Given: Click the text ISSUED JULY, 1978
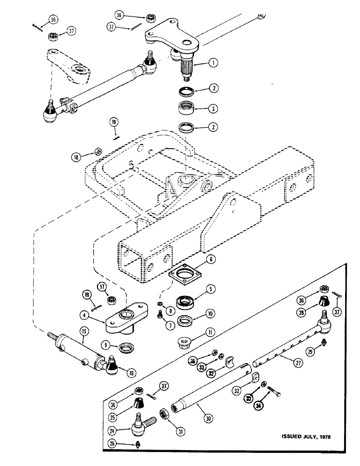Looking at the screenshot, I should (x=308, y=437).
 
